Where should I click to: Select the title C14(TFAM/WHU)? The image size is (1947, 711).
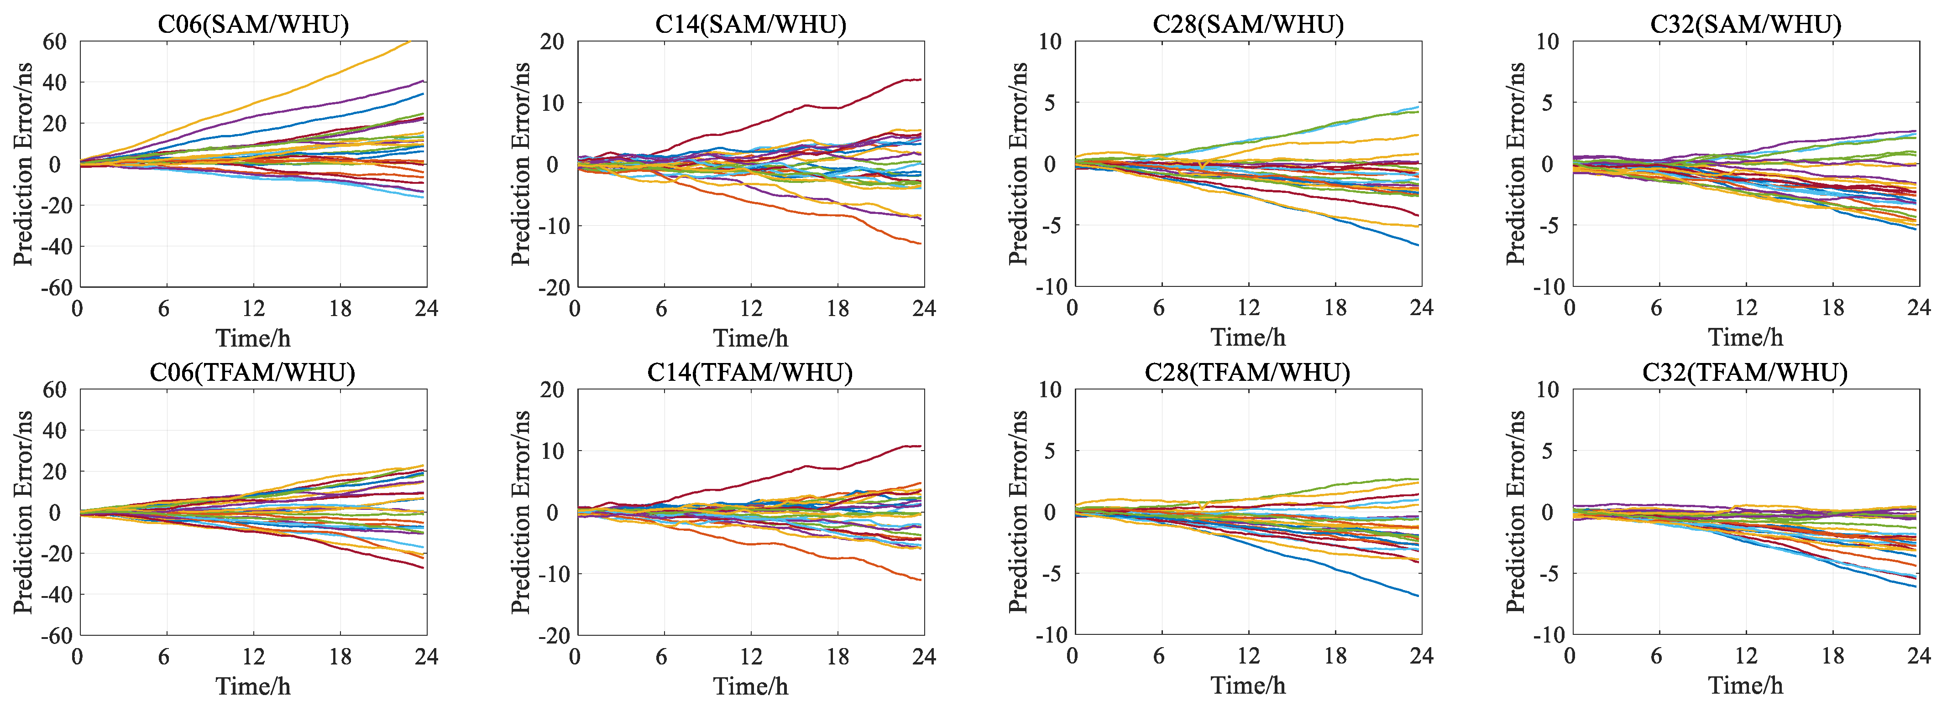click(750, 373)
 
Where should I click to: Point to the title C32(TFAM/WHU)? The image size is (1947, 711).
click(1745, 373)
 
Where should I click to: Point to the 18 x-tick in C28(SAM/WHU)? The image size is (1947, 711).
click(1335, 308)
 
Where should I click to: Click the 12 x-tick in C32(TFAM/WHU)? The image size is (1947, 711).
click(1745, 656)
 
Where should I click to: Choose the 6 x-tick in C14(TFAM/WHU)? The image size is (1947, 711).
click(661, 656)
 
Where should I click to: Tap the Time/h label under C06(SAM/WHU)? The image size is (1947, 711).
click(253, 338)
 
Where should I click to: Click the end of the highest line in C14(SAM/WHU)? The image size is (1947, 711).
click(921, 79)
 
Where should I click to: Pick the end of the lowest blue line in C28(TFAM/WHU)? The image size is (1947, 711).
click(1418, 596)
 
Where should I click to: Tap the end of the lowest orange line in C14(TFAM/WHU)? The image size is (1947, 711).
click(921, 580)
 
